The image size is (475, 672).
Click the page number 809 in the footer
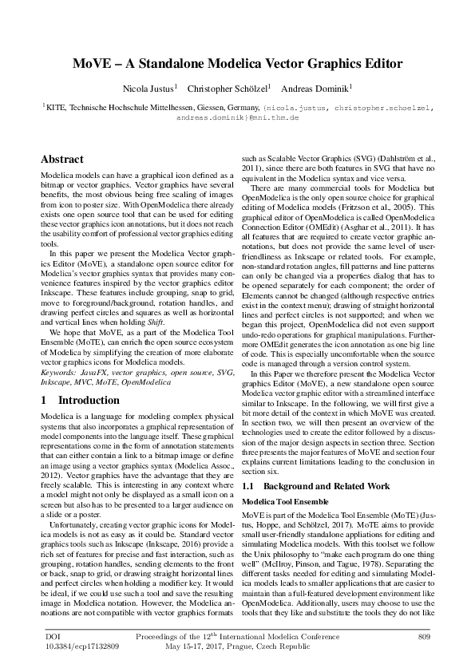(424, 635)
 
